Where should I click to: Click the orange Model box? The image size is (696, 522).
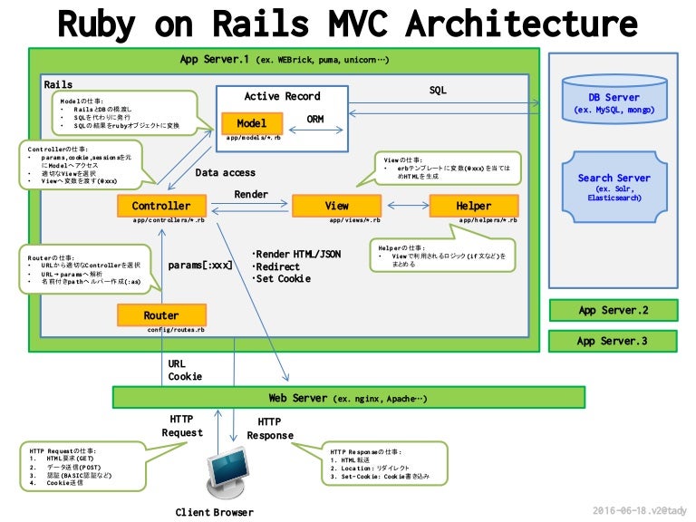252,123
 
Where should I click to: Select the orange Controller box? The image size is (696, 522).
160,206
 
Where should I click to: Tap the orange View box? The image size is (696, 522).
337,206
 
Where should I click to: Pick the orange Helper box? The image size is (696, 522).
473,206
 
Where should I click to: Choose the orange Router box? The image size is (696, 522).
161,314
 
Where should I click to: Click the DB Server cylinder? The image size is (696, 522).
614,102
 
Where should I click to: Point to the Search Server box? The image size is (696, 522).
614,187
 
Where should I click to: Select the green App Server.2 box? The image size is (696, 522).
613,310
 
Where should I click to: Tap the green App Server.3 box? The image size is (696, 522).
613,342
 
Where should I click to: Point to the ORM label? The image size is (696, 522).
315,120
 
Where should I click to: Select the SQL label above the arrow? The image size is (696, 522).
438,91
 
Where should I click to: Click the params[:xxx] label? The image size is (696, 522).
200,266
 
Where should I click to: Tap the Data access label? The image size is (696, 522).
226,172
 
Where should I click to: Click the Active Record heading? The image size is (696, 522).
282,96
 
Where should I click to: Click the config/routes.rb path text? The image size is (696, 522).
175,331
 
